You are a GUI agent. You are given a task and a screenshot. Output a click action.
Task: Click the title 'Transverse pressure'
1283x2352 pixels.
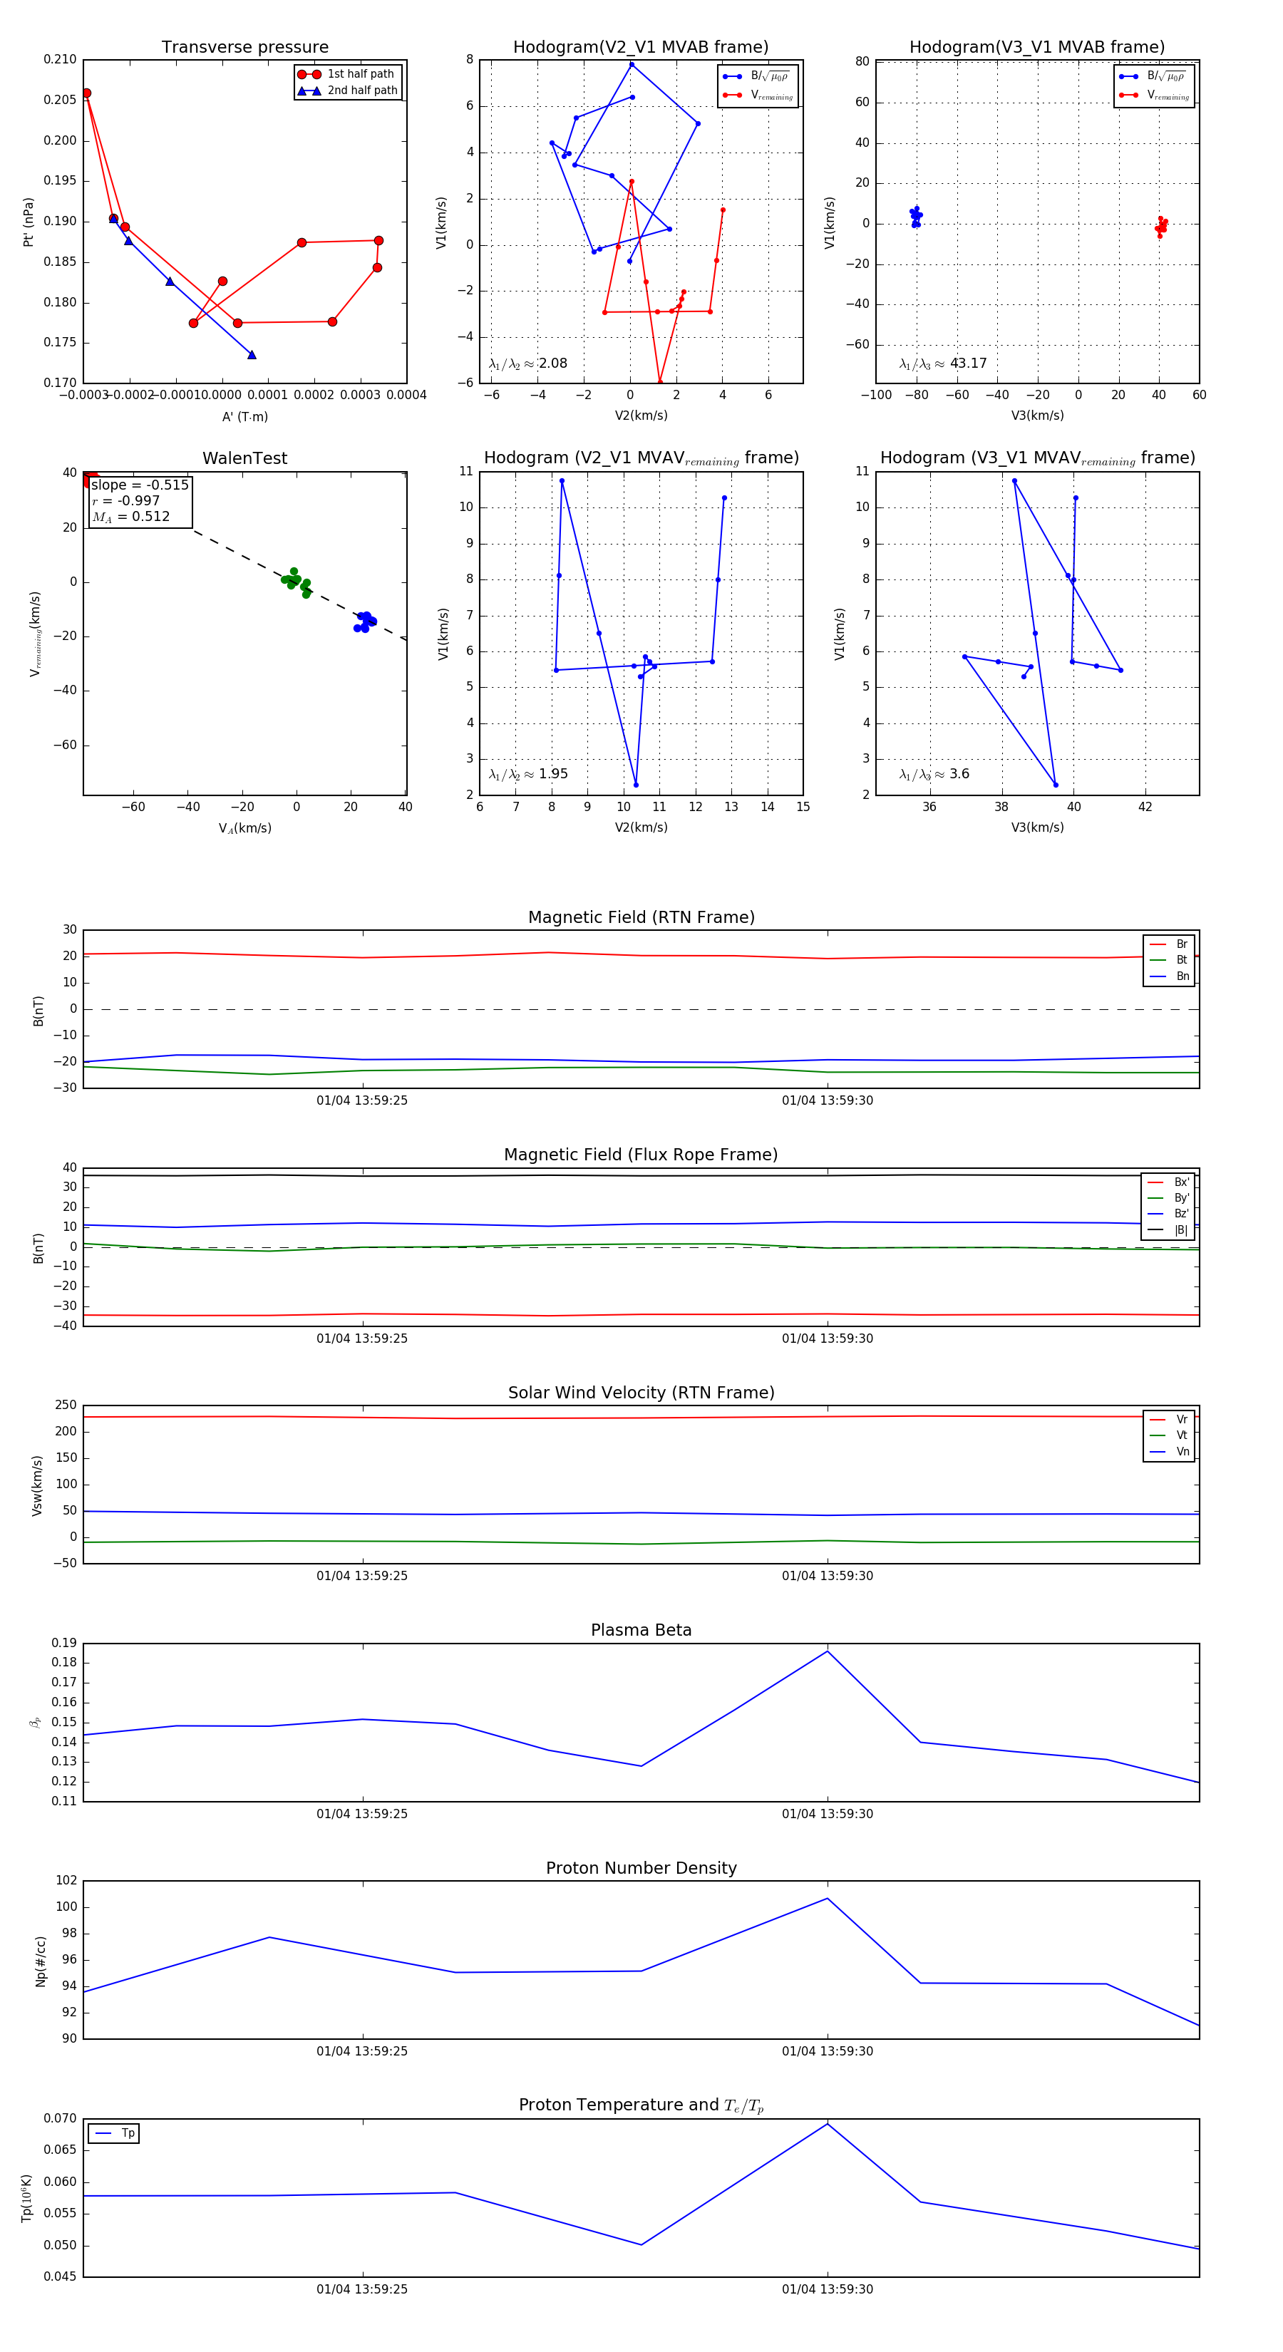[244, 48]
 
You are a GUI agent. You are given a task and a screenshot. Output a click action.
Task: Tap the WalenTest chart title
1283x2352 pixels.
[244, 458]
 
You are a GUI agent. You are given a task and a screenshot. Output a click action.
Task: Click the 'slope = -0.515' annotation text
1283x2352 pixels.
[140, 485]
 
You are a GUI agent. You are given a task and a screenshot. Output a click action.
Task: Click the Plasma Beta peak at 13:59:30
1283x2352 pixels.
[828, 1651]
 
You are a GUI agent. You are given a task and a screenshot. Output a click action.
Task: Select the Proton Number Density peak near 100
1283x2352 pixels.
[828, 1898]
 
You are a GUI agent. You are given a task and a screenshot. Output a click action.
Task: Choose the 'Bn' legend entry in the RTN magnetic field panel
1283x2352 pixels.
[1182, 976]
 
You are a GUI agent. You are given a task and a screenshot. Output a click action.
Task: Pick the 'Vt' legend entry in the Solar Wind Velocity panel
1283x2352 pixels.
[1182, 1435]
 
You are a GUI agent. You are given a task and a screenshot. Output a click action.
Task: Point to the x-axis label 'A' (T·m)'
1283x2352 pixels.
[244, 416]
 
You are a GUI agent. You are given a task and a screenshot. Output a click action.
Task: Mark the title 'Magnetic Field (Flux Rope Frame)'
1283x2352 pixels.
[641, 1155]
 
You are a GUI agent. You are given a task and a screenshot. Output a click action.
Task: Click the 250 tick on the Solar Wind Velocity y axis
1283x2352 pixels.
[66, 1405]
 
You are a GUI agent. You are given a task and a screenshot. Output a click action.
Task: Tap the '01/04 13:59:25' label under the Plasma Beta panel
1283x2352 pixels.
[361, 1813]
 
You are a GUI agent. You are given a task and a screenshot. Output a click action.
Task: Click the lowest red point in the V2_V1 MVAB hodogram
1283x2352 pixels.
[659, 381]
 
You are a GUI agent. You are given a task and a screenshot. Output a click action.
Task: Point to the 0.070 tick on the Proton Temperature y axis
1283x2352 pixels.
[61, 2118]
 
